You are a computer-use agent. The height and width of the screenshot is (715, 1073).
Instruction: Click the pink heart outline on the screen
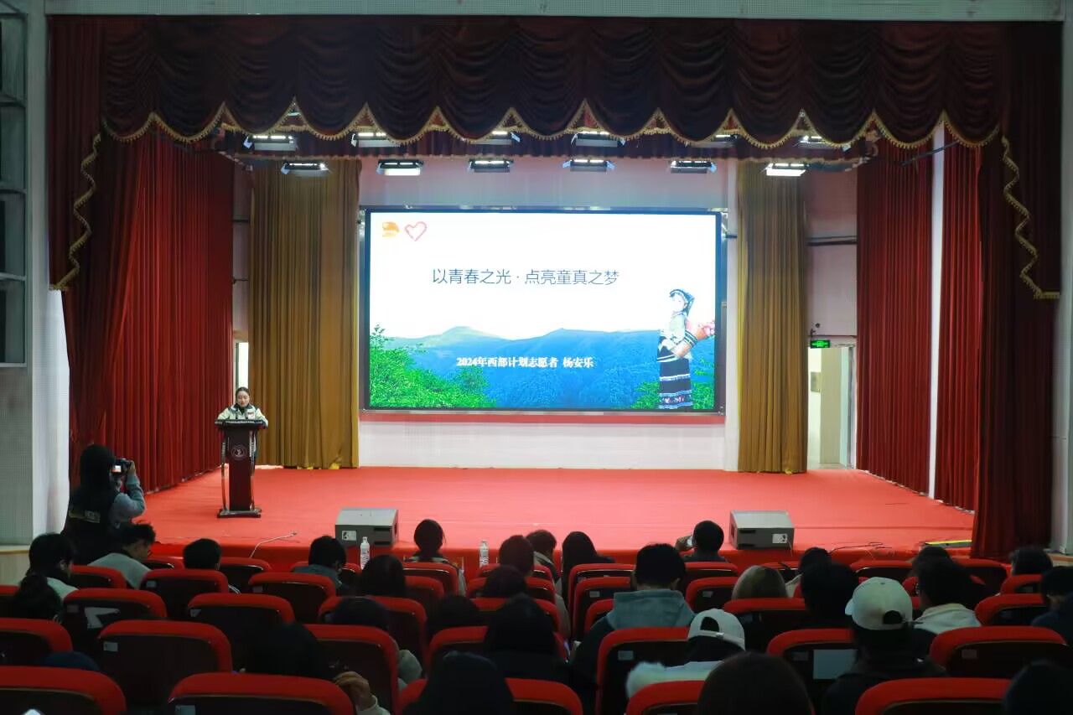[x=415, y=231]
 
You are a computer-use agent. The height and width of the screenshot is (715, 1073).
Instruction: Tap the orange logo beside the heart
[x=391, y=230]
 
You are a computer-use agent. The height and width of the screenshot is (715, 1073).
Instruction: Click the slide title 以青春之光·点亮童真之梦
[x=526, y=277]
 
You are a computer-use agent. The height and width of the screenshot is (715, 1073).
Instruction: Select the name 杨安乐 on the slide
[x=578, y=362]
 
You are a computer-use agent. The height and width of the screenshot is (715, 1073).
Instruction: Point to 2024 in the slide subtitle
[x=467, y=362]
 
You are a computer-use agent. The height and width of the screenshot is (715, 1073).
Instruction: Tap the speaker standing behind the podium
[x=242, y=407]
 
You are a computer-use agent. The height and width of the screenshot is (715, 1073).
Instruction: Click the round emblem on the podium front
[x=239, y=452]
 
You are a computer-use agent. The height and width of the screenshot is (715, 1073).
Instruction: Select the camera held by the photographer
[x=120, y=465]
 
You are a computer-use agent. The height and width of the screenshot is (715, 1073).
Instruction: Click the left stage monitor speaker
[x=367, y=527]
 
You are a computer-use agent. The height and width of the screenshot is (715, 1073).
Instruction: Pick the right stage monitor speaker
[x=762, y=529]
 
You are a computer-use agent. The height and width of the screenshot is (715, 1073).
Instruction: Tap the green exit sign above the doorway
[x=820, y=344]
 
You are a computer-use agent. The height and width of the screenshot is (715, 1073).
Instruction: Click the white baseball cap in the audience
[x=879, y=603]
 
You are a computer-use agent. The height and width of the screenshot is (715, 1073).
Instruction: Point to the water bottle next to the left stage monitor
[x=365, y=552]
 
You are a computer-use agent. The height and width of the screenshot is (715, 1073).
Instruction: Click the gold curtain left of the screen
[x=304, y=313]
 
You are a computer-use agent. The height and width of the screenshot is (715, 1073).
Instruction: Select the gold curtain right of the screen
[x=772, y=317]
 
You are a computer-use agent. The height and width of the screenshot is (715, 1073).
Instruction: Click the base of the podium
[x=240, y=512]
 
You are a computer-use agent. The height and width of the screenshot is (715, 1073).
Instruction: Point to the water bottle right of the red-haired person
[x=484, y=553]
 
